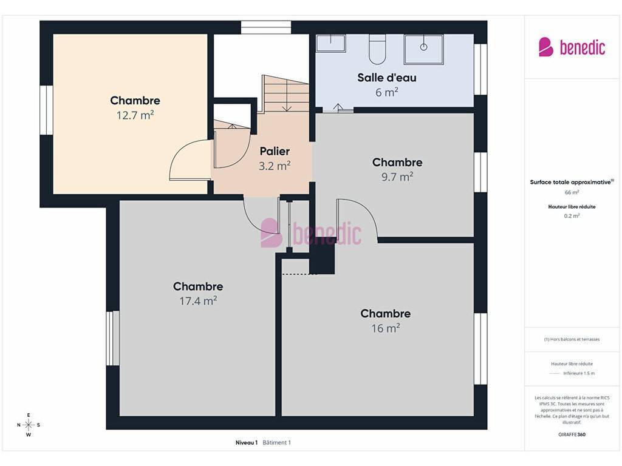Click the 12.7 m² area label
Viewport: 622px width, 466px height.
click(135, 115)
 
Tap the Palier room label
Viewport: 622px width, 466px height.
click(275, 151)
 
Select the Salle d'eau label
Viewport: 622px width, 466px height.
click(387, 78)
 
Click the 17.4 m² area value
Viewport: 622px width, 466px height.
click(198, 301)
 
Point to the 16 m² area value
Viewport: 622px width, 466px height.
click(386, 328)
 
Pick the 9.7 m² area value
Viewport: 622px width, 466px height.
click(397, 177)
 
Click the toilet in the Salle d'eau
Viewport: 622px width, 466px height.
click(377, 49)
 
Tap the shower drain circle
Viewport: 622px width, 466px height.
click(423, 47)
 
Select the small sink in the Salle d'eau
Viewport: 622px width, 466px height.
click(331, 43)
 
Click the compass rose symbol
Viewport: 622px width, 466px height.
click(29, 425)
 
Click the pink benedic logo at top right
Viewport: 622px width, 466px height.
click(572, 47)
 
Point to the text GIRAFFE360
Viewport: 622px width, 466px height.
click(572, 434)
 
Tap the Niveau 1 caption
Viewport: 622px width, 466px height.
click(247, 442)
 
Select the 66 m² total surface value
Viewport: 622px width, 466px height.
click(572, 192)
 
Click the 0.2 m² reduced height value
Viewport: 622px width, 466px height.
click(572, 216)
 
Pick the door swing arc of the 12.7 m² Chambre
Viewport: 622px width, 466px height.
click(180, 152)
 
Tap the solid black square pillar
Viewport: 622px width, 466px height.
click(322, 258)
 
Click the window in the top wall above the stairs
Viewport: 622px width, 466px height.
click(266, 27)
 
